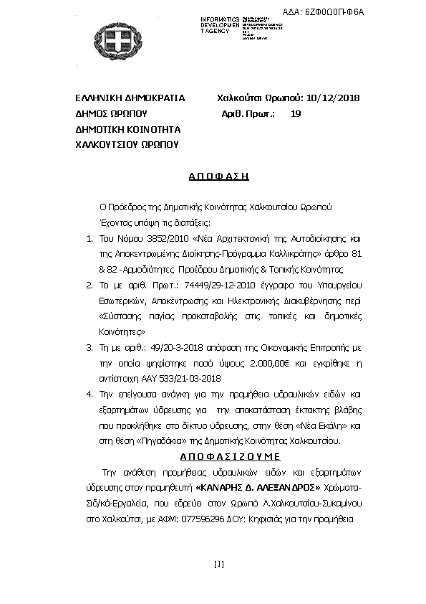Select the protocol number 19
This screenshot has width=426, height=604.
click(x=296, y=113)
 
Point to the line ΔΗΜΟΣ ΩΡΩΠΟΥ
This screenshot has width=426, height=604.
click(x=111, y=113)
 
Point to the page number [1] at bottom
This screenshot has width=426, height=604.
click(x=219, y=564)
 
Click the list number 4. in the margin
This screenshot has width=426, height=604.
click(x=89, y=395)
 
